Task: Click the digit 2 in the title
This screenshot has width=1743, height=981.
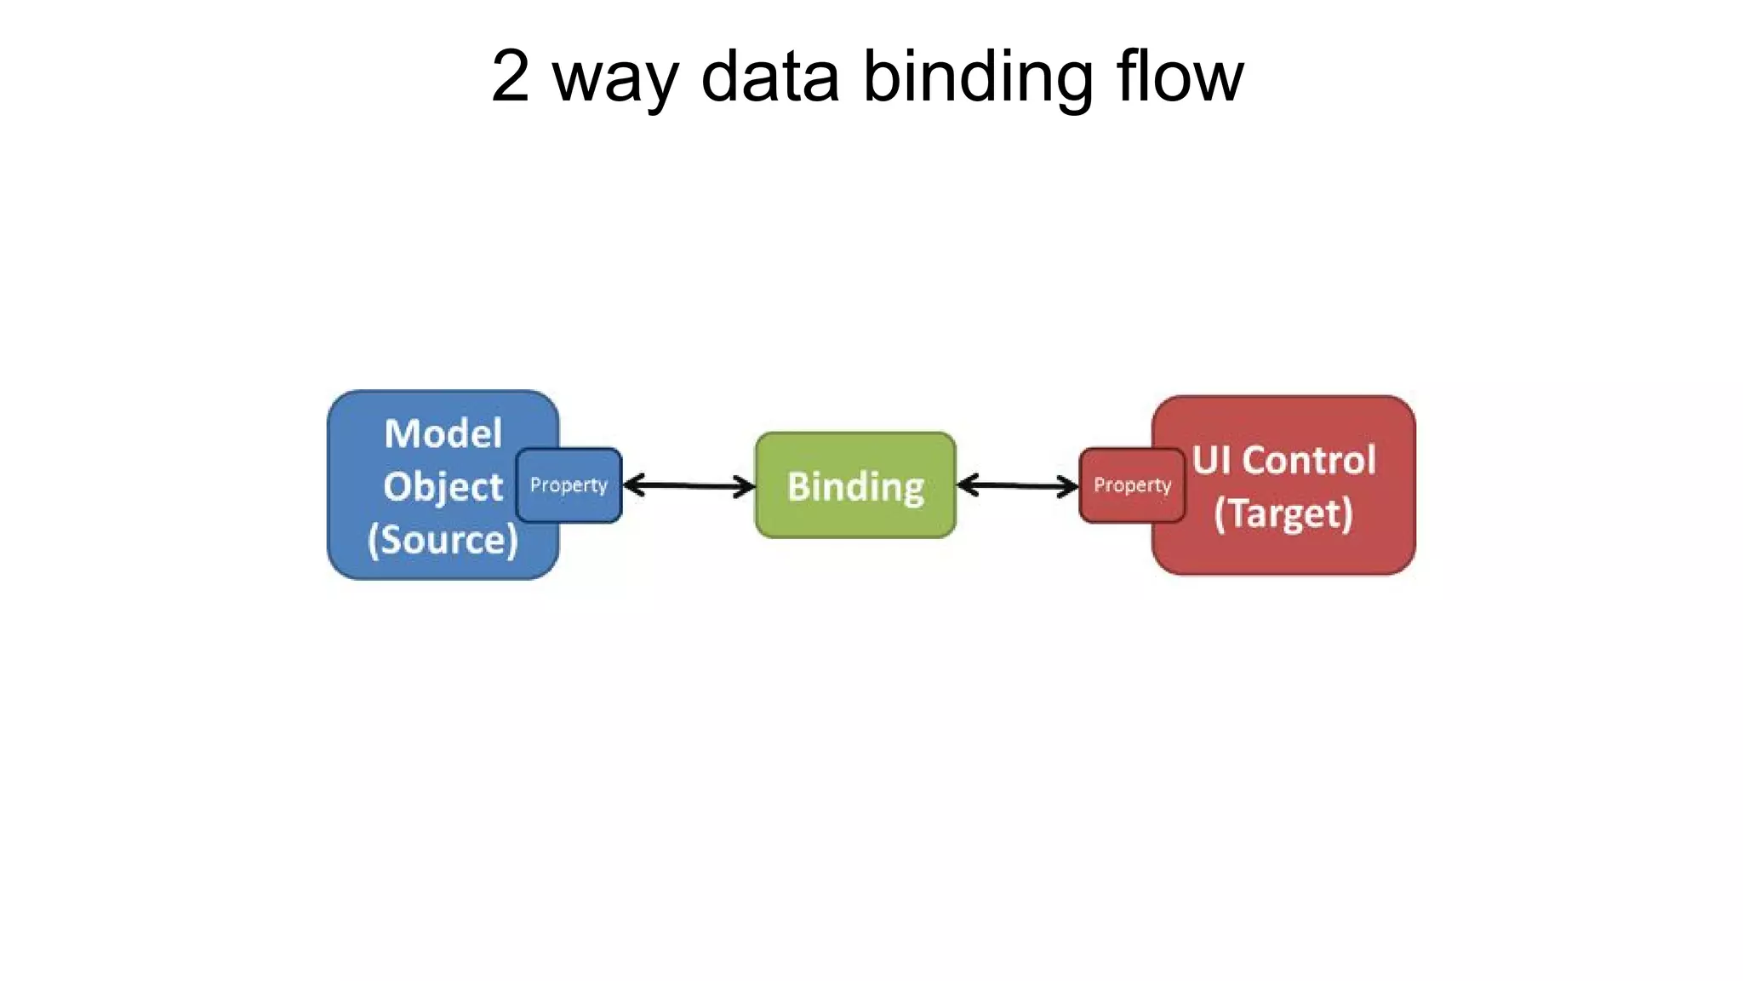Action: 511,77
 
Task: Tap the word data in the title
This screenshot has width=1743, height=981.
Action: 770,77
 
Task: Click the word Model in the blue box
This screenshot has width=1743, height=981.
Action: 443,433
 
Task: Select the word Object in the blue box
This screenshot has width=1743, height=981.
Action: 443,487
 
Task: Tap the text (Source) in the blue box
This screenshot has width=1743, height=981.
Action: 443,540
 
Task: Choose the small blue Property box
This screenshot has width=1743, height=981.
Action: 569,485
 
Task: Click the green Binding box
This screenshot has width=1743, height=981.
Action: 855,485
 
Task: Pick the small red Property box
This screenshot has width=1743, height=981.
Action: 1132,485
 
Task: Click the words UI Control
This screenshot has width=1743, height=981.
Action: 1283,461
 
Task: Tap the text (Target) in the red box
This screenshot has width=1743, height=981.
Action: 1283,513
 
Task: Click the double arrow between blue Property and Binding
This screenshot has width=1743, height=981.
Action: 689,486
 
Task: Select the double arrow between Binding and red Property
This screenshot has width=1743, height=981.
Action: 1018,486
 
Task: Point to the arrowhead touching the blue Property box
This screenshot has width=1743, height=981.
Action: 631,485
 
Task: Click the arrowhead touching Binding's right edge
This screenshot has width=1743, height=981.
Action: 966,485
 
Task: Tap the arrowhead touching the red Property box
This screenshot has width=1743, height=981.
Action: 1070,487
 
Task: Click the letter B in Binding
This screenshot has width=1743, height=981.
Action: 797,486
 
